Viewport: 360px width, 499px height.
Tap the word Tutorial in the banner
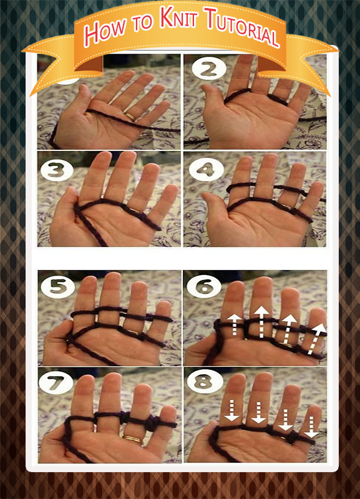tap(243, 27)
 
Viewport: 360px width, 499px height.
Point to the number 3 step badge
tap(57, 169)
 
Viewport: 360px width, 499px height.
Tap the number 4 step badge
tap(205, 170)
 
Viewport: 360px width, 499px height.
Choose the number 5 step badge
tap(58, 286)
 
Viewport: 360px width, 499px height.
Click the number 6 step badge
tap(204, 286)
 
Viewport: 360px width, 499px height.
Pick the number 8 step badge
tap(204, 380)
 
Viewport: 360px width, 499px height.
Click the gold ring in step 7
tap(134, 440)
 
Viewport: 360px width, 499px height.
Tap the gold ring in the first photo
tap(130, 116)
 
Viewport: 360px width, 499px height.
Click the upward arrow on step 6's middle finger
tap(261, 321)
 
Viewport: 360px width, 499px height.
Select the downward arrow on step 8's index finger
tap(231, 410)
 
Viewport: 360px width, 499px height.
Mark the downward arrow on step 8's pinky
tap(311, 427)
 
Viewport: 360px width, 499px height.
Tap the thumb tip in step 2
tap(207, 89)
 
